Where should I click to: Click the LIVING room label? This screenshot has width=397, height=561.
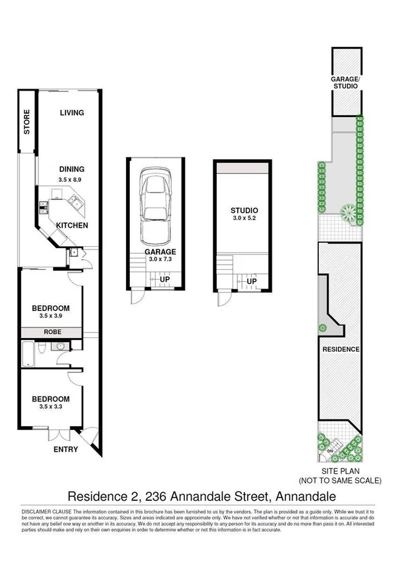[x=72, y=113]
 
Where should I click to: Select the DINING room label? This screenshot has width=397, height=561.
[x=70, y=169]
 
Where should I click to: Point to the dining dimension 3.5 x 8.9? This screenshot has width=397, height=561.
[x=70, y=179]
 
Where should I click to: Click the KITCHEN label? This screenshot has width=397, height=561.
[x=72, y=226]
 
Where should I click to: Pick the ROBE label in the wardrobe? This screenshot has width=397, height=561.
[x=52, y=332]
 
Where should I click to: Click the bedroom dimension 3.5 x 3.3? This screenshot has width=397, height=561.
[x=51, y=408]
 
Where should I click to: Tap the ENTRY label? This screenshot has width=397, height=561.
[x=64, y=450]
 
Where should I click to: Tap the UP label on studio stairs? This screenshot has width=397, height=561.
[x=252, y=281]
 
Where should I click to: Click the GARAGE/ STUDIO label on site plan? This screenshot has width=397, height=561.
[x=345, y=82]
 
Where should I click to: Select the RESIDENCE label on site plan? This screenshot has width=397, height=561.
[x=341, y=349]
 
